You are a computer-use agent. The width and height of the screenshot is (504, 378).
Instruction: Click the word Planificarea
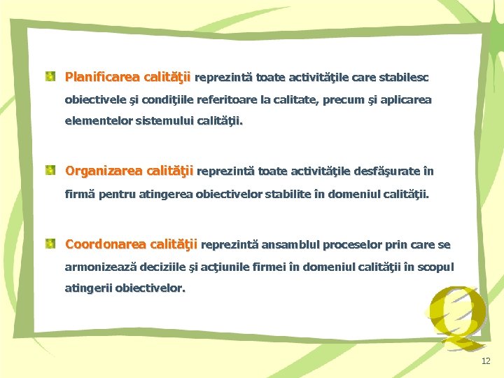pos(101,76)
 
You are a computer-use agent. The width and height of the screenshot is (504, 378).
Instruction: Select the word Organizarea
pos(102,171)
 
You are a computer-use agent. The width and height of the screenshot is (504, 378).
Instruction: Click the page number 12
pos(486,361)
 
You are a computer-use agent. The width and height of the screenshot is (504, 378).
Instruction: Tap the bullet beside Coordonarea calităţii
pos(51,244)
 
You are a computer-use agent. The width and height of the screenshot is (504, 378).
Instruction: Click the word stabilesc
pos(404,76)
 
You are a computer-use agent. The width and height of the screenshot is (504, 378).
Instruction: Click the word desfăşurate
pos(387,171)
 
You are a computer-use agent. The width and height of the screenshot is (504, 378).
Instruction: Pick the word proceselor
pos(356,244)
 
